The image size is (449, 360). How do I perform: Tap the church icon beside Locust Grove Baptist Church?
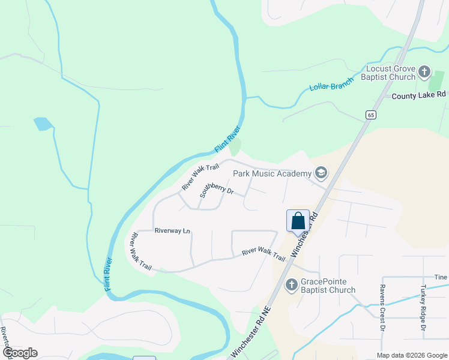point(424,73)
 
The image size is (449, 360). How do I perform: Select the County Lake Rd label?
point(419,95)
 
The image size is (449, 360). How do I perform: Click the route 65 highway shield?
point(371,115)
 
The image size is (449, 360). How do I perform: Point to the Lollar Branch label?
point(331,86)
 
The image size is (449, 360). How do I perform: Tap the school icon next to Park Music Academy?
point(321,173)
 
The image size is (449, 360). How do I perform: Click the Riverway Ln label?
point(172,230)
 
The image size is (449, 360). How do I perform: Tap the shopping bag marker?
point(298,221)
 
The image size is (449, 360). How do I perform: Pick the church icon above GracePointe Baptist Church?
point(292,284)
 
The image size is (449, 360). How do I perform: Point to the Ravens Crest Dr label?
point(382,308)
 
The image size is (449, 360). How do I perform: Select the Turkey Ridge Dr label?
point(423,308)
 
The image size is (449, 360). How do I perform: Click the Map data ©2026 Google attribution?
point(412,355)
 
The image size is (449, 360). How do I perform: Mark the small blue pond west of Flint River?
point(43,124)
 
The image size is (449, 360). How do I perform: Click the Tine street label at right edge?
point(441,277)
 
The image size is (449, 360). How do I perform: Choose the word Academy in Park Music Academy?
point(293,173)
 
